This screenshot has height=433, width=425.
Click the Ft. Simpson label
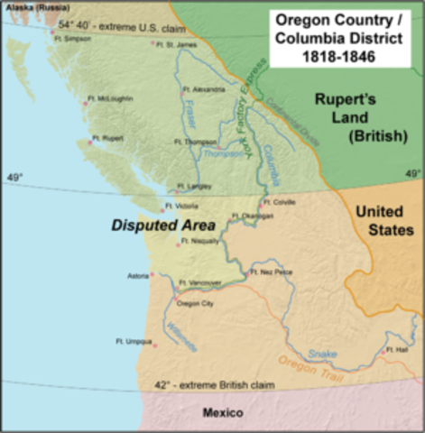76,39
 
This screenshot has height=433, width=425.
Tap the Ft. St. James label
174,44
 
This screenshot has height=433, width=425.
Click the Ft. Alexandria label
204,89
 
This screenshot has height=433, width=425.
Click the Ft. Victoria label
183,206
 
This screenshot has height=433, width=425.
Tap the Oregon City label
195,304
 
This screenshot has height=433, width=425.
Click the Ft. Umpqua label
133,340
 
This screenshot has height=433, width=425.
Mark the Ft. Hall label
396,348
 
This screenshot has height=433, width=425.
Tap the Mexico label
223,412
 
